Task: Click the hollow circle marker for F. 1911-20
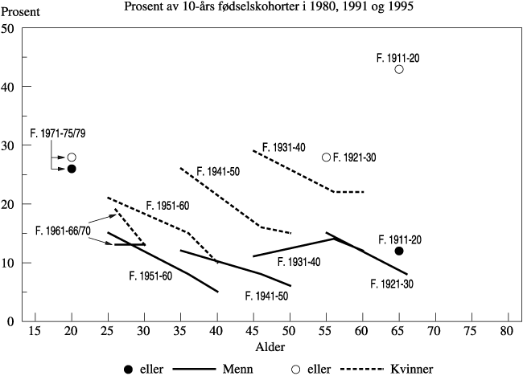[399, 69]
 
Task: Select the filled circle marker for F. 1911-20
[399, 251]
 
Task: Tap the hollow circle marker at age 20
[72, 157]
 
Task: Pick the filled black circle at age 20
[72, 169]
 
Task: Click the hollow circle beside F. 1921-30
[326, 157]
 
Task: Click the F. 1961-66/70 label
[63, 231]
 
